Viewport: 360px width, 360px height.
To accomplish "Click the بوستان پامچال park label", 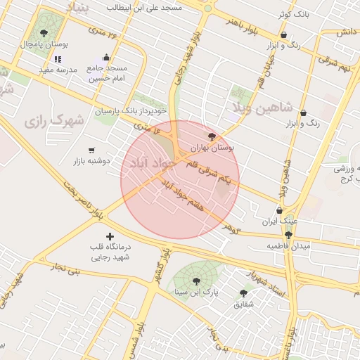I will (44, 44).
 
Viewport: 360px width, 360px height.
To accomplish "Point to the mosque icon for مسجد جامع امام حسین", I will (106, 58).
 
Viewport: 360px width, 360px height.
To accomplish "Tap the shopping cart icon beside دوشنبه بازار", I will (91, 150).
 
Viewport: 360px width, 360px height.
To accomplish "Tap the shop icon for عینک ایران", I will (279, 210).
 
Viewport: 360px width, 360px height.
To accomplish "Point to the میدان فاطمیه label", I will (283, 247).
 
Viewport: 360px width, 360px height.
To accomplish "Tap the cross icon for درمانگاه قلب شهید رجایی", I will (109, 236).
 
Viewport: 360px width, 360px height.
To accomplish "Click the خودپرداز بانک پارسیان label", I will (130, 110).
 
